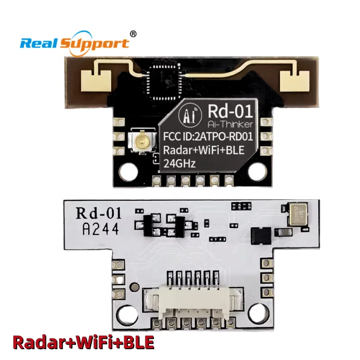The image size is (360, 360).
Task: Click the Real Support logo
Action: (x=74, y=43)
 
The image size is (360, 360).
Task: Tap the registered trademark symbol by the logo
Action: (x=133, y=33)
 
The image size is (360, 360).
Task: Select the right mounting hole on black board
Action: (x=260, y=171)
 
